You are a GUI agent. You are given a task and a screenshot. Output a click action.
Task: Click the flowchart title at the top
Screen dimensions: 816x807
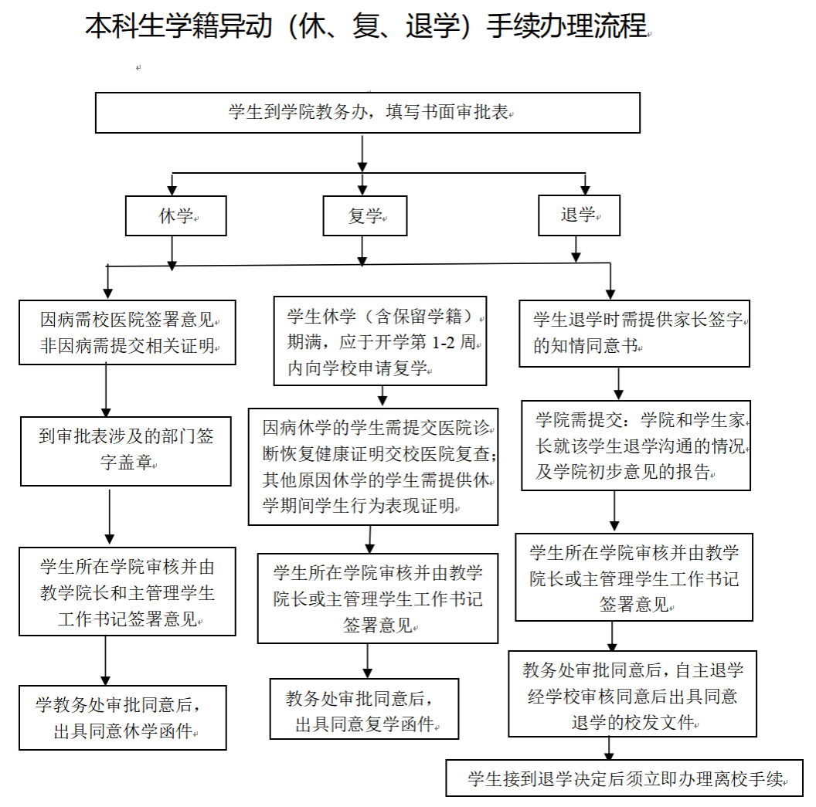367,26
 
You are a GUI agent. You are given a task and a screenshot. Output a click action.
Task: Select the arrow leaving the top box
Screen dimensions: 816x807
362,154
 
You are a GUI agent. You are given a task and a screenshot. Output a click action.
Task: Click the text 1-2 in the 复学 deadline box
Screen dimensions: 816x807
444,342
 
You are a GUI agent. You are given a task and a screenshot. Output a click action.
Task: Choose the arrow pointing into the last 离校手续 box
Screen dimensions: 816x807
609,749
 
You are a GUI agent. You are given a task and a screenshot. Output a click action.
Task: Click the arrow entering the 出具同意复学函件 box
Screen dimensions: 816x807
367,661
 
